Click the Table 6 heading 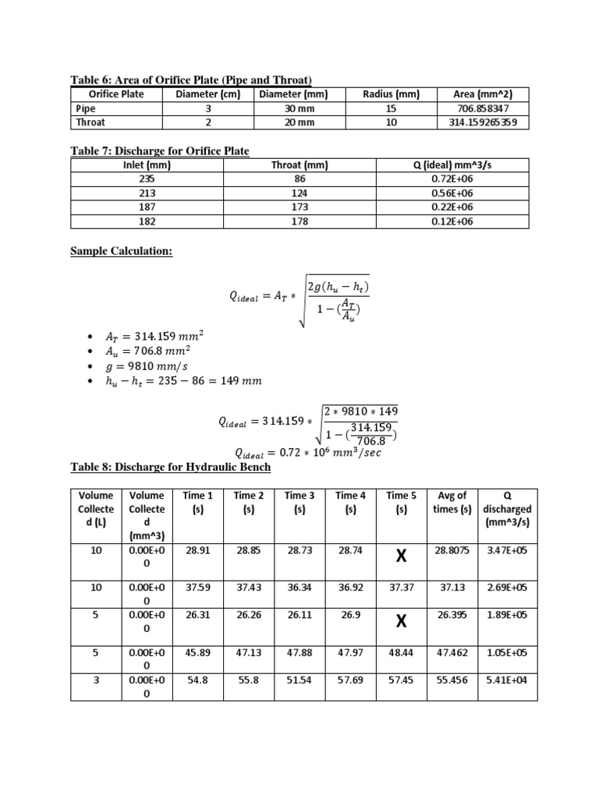[191, 79]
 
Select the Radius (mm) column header [391, 94]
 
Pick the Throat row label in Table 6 [90, 122]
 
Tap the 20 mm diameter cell [299, 122]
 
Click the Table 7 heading [160, 150]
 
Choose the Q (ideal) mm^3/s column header [452, 165]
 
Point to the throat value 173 [299, 207]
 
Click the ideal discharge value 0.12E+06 [452, 221]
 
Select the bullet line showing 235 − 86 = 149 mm [183, 381]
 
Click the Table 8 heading [171, 466]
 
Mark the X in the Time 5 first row [402, 556]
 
